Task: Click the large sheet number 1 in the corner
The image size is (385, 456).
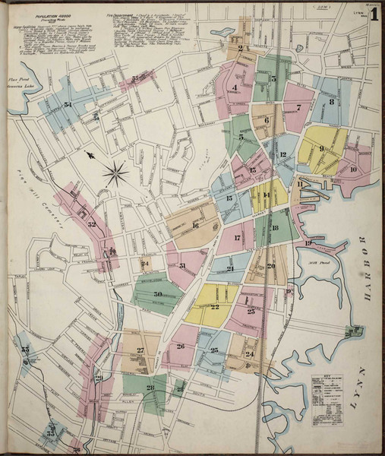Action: [374, 14]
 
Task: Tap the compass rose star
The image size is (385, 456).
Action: [115, 173]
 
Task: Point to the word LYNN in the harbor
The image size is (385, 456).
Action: [362, 379]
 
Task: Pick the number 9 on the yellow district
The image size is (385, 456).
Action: [322, 149]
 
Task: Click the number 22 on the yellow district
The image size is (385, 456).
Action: [214, 307]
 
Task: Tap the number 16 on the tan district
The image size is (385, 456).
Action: [194, 225]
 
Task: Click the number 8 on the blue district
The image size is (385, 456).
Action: [332, 102]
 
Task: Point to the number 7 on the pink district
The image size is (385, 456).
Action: [298, 107]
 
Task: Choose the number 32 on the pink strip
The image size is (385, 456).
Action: [91, 224]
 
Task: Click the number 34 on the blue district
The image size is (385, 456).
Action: [68, 105]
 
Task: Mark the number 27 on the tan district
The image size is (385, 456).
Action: [140, 350]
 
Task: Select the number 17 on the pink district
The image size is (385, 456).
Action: [237, 238]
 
